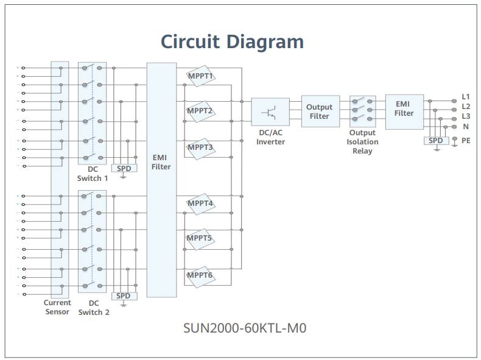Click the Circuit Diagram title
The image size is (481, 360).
(232, 41)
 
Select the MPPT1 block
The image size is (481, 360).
(200, 76)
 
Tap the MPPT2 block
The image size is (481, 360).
(200, 111)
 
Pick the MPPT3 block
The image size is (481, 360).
(200, 147)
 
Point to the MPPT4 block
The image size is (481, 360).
(200, 203)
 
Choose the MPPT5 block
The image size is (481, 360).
(200, 238)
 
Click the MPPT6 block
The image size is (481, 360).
(200, 275)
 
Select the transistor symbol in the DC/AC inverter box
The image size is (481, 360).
(270, 112)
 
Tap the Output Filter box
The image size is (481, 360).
(320, 111)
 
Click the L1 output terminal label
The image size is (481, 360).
(466, 96)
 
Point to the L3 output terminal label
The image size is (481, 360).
(466, 116)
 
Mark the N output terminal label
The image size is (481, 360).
(466, 127)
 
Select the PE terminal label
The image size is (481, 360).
(466, 141)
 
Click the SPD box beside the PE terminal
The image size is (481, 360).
(435, 141)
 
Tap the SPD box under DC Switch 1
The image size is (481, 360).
(124, 168)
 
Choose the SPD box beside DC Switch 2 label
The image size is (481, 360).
(124, 296)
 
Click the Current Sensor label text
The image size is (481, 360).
(57, 307)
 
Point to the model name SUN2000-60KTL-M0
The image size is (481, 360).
(245, 328)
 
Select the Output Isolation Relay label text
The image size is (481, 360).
(363, 142)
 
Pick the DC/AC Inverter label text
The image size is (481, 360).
(270, 137)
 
